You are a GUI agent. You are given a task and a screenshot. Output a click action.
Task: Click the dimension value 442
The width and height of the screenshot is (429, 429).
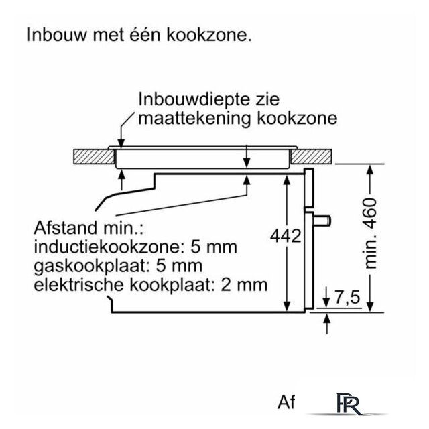pyautogui.click(x=286, y=235)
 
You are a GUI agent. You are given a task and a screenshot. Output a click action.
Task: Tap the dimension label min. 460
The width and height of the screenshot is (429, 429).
pyautogui.click(x=371, y=233)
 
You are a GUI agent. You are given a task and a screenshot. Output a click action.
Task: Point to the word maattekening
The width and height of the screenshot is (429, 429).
pyautogui.click(x=195, y=119)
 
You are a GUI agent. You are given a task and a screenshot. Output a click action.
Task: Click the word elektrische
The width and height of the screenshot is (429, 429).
pyautogui.click(x=79, y=285)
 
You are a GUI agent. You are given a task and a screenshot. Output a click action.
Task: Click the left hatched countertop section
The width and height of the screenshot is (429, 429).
pyautogui.click(x=94, y=157)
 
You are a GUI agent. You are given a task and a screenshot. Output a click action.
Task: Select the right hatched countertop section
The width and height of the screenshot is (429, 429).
pyautogui.click(x=311, y=157)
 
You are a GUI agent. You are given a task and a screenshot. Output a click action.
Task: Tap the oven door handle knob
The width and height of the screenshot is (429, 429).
pyautogui.click(x=322, y=221)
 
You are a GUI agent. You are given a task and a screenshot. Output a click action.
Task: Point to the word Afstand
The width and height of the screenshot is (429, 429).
pyautogui.click(x=65, y=228)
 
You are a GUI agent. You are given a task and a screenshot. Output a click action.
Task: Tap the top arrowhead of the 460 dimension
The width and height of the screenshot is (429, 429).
pyautogui.click(x=370, y=170)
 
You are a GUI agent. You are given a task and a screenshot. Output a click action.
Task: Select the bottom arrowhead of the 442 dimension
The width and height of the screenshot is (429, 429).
pyautogui.click(x=287, y=306)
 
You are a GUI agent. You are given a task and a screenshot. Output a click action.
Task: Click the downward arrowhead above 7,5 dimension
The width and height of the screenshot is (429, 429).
pyautogui.click(x=326, y=302)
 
